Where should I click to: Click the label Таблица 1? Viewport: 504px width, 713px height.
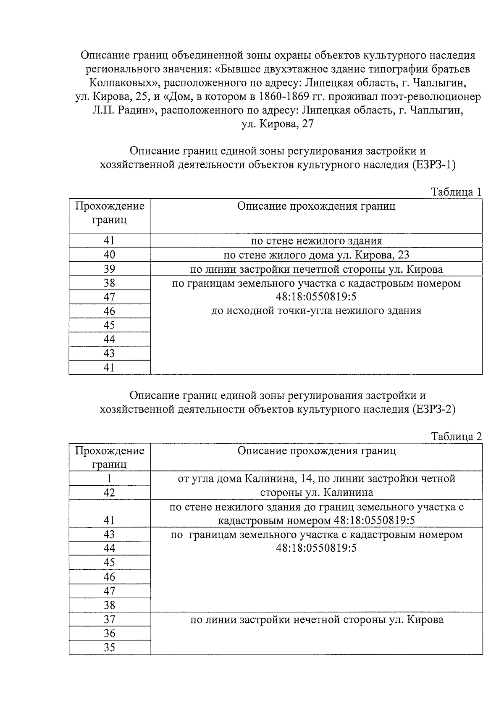click(x=456, y=192)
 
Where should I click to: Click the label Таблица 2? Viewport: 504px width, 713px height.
click(x=456, y=437)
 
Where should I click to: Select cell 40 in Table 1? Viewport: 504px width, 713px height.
click(x=110, y=255)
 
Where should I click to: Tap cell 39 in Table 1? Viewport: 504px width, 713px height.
click(x=110, y=269)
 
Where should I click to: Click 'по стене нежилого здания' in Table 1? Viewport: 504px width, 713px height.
click(x=316, y=241)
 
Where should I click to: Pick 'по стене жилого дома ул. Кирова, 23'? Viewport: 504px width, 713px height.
click(x=316, y=255)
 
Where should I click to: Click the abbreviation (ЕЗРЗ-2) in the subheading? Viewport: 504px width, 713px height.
click(x=433, y=409)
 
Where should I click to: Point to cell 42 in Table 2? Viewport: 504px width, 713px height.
click(x=110, y=492)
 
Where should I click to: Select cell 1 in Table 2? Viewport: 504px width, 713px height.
click(x=110, y=478)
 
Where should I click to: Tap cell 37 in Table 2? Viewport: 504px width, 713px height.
click(x=110, y=619)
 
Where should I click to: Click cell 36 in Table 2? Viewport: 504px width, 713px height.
click(x=110, y=634)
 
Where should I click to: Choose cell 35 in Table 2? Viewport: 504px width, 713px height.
click(x=110, y=647)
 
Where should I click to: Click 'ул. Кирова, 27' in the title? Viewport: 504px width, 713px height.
click(x=278, y=124)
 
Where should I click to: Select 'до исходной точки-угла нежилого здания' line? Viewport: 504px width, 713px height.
click(x=316, y=311)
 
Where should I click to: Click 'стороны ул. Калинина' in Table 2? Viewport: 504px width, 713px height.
click(x=316, y=492)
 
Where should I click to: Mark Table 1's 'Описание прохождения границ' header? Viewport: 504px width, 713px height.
click(x=316, y=206)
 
